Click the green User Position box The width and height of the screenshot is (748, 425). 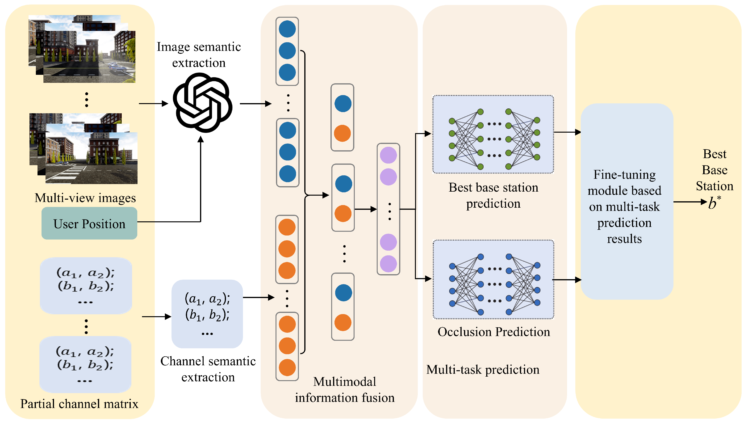coord(89,224)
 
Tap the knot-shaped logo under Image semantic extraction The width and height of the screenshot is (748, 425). coord(202,102)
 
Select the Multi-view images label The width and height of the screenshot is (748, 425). coord(85,198)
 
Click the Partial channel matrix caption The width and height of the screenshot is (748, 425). coord(79,404)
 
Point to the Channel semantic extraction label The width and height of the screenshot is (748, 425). coord(208,369)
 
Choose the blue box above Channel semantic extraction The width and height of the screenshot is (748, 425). coord(207,314)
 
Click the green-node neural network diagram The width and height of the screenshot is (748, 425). coord(493,135)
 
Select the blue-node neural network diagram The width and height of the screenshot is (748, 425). coord(493,279)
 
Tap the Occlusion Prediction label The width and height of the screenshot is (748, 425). coord(494,332)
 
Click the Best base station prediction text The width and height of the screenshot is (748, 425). coord(493,195)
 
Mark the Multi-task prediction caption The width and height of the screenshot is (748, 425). coord(483,370)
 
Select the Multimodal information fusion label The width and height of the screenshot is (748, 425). coord(345,390)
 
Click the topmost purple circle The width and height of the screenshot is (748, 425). coord(388,155)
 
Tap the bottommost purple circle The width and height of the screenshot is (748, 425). coord(388,264)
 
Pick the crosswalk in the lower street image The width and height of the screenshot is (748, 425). coord(70,172)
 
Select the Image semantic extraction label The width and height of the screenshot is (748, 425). coord(199,55)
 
